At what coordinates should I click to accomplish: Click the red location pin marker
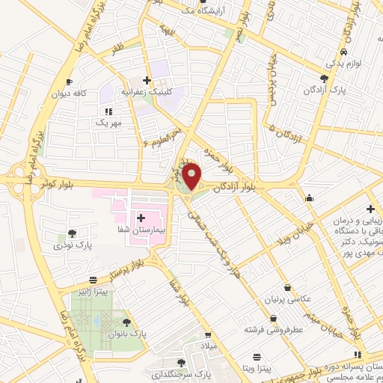tap(192, 176)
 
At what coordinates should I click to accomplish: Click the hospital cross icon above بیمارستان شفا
tap(141, 217)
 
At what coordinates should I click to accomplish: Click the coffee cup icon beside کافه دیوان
tap(69, 82)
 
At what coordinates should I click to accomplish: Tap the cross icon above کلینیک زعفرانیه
tap(147, 80)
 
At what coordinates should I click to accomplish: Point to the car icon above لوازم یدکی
tap(343, 52)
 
